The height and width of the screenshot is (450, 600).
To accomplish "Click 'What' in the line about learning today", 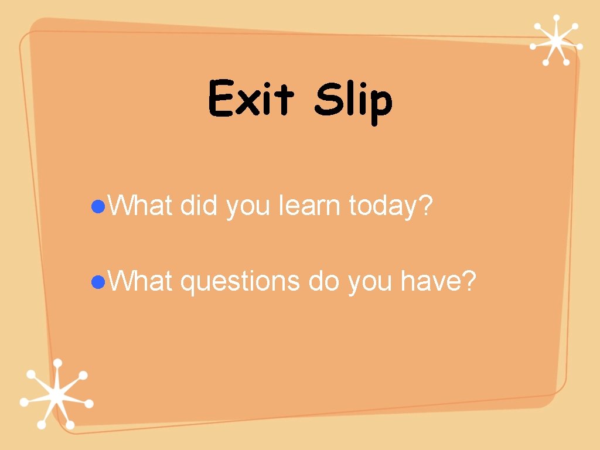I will tap(141, 206).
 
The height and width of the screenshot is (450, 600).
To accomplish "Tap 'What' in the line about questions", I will tap(141, 282).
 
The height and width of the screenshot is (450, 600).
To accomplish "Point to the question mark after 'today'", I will tap(426, 206).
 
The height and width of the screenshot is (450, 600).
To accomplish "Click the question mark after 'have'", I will tap(468, 282).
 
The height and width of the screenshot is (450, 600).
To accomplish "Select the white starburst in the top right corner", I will tap(555, 40).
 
